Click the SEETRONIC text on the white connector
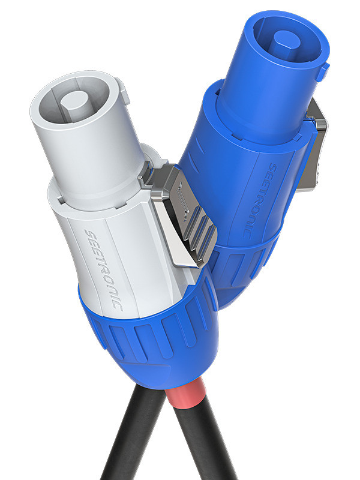click(103, 270)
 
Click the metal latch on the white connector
click(181, 215)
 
